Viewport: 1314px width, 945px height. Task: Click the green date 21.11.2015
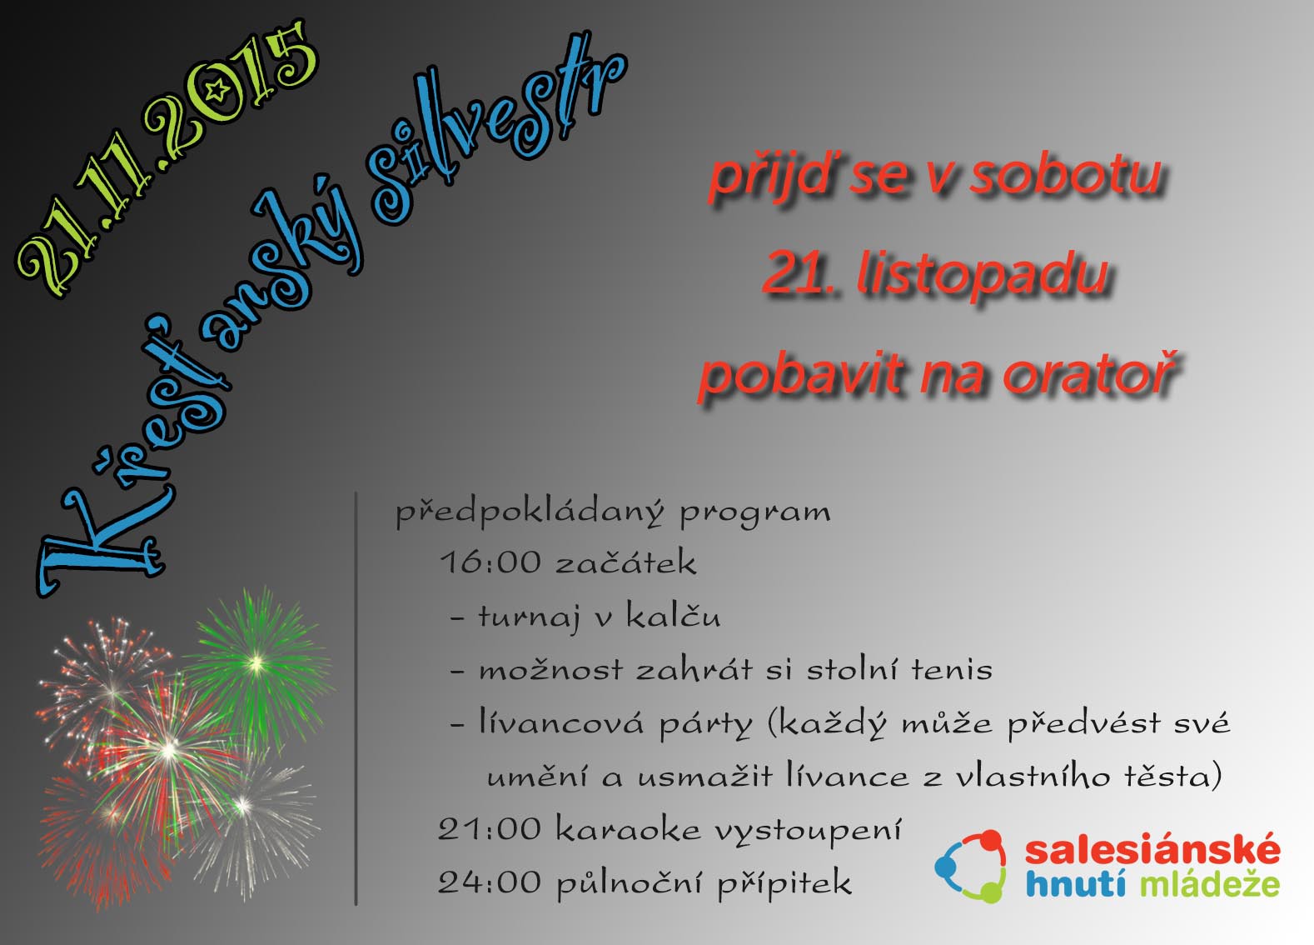(167, 158)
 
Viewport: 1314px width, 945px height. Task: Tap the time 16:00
(490, 562)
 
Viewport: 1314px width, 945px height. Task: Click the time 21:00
(490, 829)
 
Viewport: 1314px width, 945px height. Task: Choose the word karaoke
(628, 829)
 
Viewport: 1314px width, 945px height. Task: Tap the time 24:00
(490, 882)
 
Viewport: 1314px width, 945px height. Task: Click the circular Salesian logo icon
(972, 866)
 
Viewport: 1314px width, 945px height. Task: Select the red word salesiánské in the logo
(1152, 850)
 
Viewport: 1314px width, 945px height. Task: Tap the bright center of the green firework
(256, 663)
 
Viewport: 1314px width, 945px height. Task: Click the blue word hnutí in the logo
(1075, 883)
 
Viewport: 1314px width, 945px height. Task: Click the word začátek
(626, 562)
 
